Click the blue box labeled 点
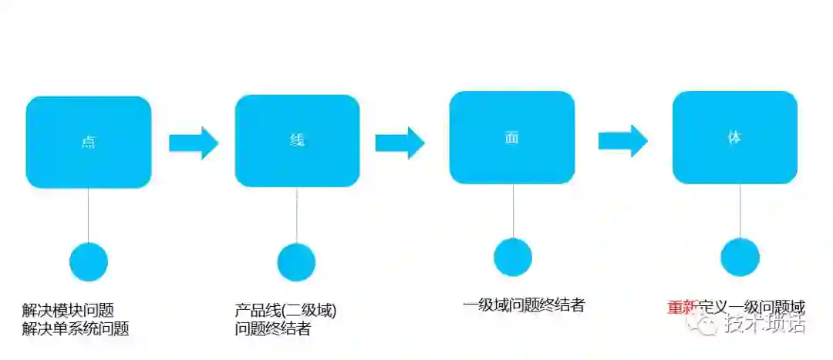89,142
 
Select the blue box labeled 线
297,140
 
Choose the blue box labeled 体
734,137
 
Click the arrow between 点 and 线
194,143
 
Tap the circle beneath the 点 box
89,262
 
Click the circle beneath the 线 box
297,262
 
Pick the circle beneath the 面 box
513,257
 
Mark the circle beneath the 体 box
740,257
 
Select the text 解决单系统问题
76,329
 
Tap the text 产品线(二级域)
286,311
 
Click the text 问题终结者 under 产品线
273,329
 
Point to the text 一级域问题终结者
524,304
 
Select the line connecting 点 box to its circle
89,215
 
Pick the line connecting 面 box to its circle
513,211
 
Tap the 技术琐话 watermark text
764,325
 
